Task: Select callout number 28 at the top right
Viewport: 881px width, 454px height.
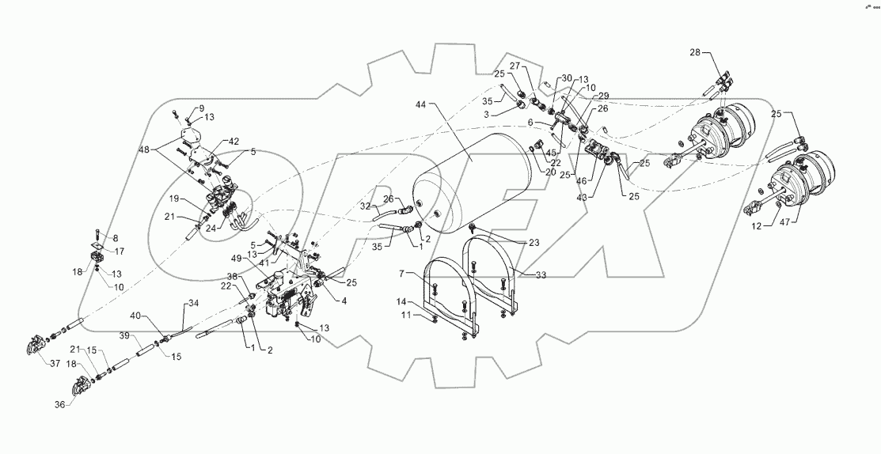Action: tap(694, 52)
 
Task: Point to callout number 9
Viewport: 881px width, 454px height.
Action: tap(179, 108)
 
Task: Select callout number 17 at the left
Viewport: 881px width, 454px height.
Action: tap(120, 252)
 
